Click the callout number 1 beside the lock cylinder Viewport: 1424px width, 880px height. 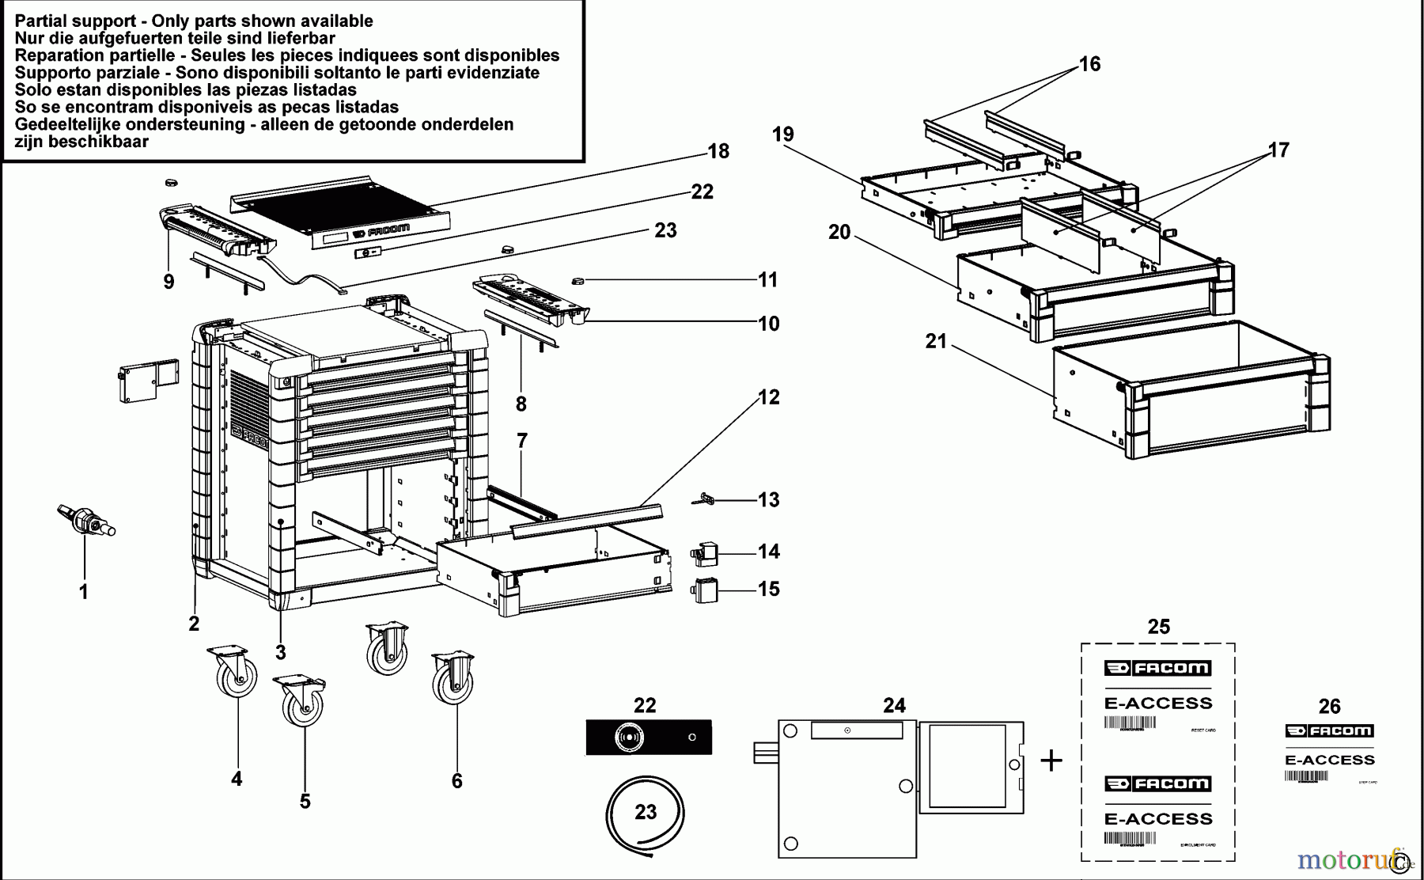click(83, 592)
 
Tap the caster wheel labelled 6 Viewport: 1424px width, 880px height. click(454, 681)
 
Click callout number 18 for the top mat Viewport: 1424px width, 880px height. click(718, 151)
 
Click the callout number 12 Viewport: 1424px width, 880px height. click(769, 397)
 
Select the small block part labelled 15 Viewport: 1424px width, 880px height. click(705, 590)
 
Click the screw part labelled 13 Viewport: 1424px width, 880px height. click(706, 499)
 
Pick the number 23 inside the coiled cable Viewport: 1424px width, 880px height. click(646, 812)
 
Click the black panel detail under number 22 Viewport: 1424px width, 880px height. click(648, 737)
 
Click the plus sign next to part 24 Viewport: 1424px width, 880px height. click(1051, 761)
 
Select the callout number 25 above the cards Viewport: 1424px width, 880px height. click(1158, 627)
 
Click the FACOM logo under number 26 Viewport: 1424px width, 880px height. click(1329, 730)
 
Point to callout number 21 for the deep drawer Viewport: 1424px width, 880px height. click(936, 341)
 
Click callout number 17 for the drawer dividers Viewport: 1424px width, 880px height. click(1278, 150)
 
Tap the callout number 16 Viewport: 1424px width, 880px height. click(1089, 64)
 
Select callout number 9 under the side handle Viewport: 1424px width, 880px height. click(169, 282)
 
